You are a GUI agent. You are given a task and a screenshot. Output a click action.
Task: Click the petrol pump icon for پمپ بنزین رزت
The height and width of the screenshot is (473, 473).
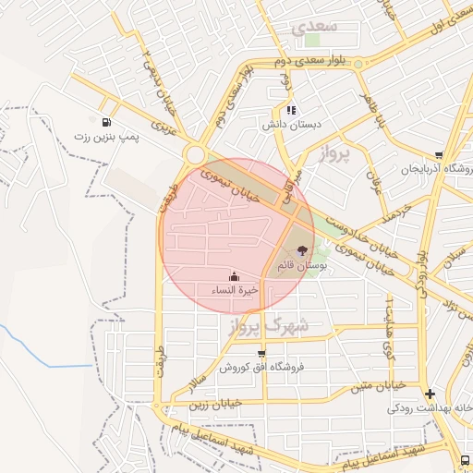[x=108, y=122]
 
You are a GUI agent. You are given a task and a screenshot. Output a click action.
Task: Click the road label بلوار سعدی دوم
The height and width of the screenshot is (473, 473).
[x=309, y=60]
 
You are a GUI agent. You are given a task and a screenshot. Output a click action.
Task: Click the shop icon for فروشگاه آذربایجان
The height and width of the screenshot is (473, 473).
[x=438, y=155]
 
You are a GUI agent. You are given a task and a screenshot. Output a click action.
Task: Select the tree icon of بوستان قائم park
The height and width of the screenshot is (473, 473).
[x=301, y=249]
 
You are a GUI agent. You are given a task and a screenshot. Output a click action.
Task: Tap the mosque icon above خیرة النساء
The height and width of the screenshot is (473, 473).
[x=234, y=276]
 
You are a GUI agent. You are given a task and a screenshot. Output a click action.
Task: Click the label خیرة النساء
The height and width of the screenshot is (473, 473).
[x=235, y=290]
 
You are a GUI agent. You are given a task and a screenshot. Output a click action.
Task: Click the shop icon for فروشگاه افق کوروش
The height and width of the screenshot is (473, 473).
[x=261, y=353]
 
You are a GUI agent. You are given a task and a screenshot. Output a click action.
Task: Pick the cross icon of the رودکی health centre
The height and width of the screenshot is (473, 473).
[x=430, y=394]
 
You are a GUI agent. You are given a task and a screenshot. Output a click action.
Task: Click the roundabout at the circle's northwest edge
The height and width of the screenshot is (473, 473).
[x=195, y=154]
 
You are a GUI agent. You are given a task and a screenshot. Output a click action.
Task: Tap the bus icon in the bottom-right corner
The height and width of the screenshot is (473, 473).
[x=465, y=459]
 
